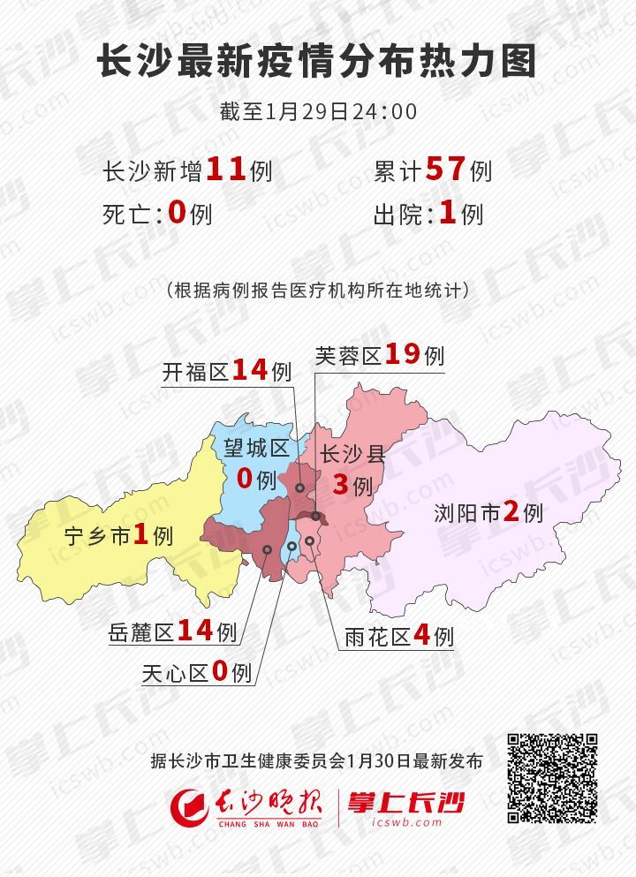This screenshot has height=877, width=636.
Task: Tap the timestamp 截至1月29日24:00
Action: (317, 112)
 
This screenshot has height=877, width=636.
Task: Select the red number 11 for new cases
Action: (225, 169)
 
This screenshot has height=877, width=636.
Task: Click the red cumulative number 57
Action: (445, 169)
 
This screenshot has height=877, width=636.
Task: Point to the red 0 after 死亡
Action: (178, 213)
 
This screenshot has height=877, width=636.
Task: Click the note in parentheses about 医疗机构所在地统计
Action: (317, 291)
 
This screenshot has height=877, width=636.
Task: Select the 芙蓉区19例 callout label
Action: (380, 356)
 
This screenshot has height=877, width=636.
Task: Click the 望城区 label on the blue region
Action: (256, 448)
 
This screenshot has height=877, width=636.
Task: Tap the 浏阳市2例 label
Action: (488, 512)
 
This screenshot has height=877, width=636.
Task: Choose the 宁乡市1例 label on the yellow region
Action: (118, 535)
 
